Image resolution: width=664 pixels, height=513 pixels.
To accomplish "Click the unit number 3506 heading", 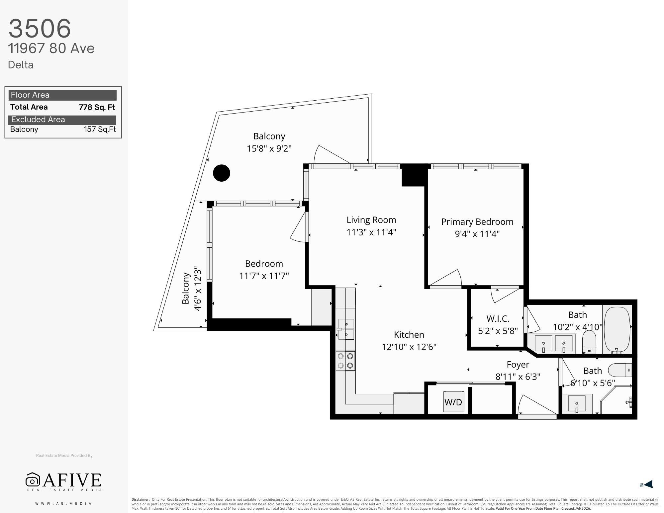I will [40, 28].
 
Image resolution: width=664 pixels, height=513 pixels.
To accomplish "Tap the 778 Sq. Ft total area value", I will [97, 107].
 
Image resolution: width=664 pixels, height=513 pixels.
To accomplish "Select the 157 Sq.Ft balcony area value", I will [100, 129].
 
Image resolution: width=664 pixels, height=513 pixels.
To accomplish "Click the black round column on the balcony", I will [222, 173].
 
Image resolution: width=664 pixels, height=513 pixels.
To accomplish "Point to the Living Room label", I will [371, 220].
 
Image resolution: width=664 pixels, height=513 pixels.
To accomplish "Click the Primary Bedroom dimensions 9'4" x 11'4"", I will [477, 234].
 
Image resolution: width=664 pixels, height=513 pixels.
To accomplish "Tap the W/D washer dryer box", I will [453, 402].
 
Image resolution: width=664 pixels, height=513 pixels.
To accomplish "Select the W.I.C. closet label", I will [498, 319].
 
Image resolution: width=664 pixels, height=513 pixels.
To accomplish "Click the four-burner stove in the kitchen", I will [345, 361].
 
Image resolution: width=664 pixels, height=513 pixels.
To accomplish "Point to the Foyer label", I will [518, 365].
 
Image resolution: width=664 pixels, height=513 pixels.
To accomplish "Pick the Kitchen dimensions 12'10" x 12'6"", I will [409, 347].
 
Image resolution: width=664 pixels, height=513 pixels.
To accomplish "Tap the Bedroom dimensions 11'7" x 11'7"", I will [264, 276].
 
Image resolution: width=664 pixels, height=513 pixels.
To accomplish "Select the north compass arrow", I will [648, 484].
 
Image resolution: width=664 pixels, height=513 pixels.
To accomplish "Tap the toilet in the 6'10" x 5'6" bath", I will [619, 370].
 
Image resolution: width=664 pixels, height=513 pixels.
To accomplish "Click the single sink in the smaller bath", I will [577, 404].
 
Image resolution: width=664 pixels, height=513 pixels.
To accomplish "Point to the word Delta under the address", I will [21, 65].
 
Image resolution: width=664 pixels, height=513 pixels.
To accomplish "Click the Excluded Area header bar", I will [62, 120].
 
